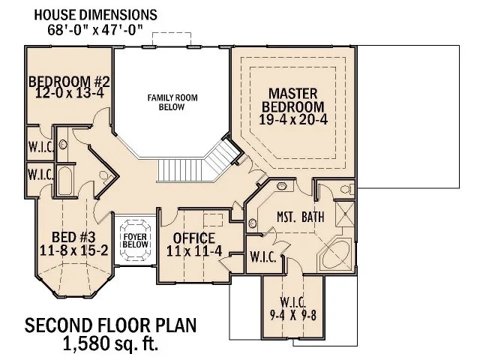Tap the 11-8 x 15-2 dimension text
tap(73, 250)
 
